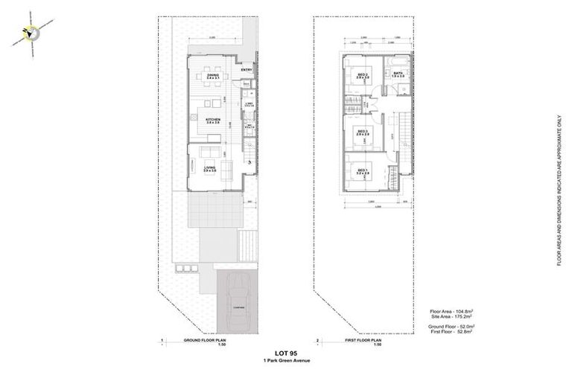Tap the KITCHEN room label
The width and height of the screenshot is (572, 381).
pyautogui.click(x=213, y=120)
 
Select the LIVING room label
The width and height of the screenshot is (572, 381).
pyautogui.click(x=210, y=170)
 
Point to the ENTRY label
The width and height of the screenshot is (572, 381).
pyautogui.click(x=247, y=71)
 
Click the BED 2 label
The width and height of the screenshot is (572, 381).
pyautogui.click(x=361, y=74)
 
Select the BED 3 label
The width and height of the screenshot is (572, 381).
pyautogui.click(x=363, y=132)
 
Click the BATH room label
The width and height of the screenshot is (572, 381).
pyautogui.click(x=398, y=74)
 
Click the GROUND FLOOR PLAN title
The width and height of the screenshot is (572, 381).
pyautogui.click(x=205, y=340)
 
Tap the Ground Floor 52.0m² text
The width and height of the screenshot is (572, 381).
pyautogui.click(x=451, y=327)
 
